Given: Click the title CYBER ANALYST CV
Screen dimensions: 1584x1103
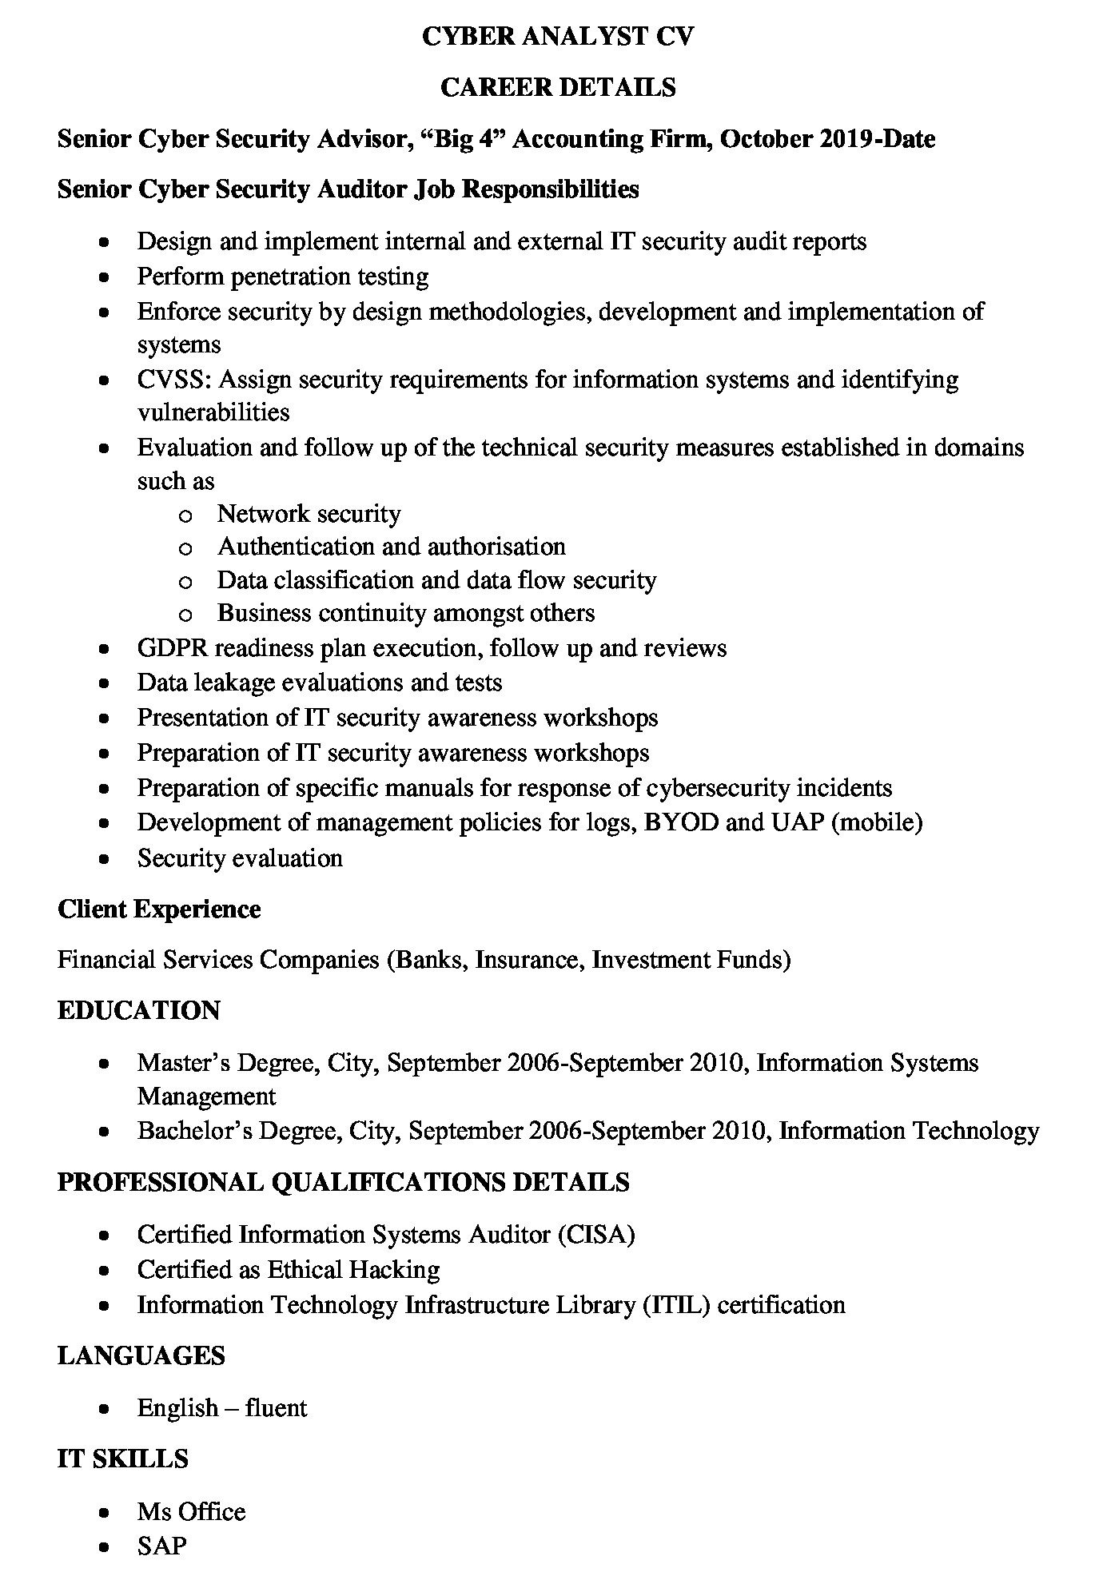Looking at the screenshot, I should (x=558, y=36).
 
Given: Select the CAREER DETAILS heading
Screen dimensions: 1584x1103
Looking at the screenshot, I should (x=558, y=87).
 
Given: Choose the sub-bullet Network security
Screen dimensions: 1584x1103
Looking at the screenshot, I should (x=309, y=513).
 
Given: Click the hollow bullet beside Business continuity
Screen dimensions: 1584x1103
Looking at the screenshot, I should (x=185, y=615).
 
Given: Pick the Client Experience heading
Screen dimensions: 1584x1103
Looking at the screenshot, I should (x=159, y=909).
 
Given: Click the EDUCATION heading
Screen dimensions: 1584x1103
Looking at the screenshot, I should (x=138, y=1010).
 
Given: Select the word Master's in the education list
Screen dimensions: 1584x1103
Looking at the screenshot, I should (x=183, y=1063).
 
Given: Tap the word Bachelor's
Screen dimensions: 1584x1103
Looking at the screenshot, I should (x=189, y=1131).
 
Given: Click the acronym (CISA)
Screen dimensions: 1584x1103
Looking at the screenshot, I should (x=596, y=1235).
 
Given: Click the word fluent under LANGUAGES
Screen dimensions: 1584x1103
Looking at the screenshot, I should (x=276, y=1407).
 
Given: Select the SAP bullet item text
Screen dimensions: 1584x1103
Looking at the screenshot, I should (x=161, y=1546).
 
